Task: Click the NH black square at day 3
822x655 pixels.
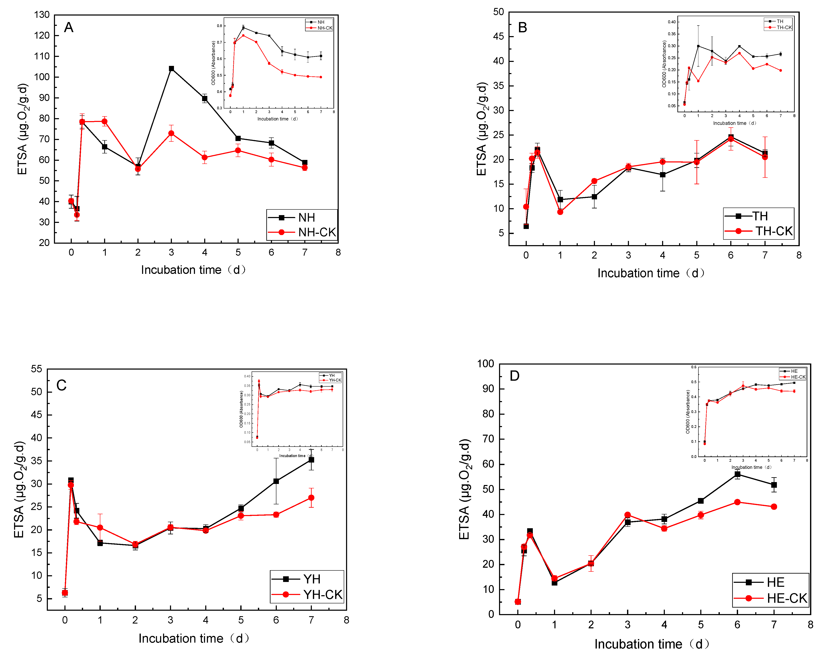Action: point(171,69)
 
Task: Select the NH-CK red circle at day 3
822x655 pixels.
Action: point(171,133)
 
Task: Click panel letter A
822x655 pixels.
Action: point(69,27)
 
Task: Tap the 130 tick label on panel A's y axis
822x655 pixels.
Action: point(42,15)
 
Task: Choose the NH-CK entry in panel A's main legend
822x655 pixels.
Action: point(316,232)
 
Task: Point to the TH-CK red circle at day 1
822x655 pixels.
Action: point(560,212)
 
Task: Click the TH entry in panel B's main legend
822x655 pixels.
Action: point(759,216)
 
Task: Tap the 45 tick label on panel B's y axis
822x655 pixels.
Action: point(498,37)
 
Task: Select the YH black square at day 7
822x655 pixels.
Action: point(311,460)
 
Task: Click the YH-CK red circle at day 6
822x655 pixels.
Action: point(276,515)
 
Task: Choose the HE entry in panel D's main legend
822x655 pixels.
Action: point(775,582)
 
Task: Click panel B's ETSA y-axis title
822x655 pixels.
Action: point(482,129)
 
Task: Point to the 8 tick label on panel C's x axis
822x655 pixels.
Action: point(346,620)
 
